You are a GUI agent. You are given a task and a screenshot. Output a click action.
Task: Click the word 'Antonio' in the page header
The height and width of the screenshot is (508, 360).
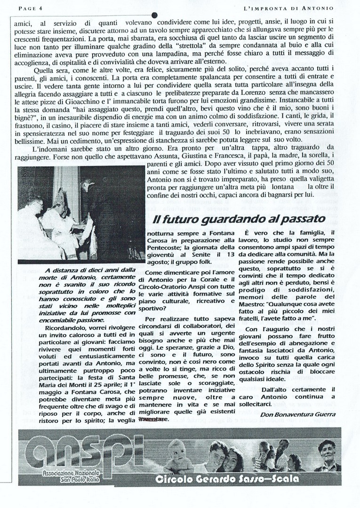(x=320, y=8)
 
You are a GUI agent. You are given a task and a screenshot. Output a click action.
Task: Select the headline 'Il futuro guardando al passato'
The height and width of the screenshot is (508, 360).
(x=239, y=219)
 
